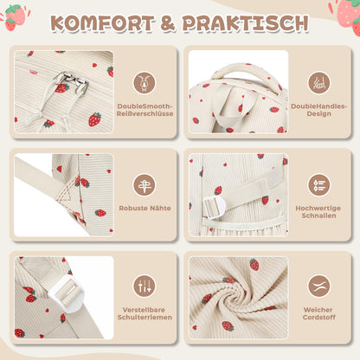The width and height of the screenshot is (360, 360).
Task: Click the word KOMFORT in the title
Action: tap(103, 23)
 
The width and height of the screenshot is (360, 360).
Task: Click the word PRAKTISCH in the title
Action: tap(246, 23)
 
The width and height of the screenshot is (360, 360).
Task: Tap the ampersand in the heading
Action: tap(168, 23)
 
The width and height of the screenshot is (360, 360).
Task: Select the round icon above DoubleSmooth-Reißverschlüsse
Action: tap(145, 83)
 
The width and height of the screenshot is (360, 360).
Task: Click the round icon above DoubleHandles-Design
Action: tap(319, 83)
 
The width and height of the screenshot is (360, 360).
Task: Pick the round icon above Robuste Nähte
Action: tap(145, 185)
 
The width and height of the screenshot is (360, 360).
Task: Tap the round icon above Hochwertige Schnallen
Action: tap(319, 185)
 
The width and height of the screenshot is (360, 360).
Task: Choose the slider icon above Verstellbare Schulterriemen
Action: tap(145, 286)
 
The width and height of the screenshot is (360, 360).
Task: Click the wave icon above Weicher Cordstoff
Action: tap(319, 286)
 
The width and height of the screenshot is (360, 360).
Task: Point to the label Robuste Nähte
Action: tap(145, 208)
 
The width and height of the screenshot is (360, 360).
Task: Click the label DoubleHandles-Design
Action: tap(318, 110)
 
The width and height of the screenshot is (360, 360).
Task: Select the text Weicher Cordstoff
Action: tap(318, 313)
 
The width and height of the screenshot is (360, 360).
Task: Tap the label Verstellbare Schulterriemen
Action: tap(145, 313)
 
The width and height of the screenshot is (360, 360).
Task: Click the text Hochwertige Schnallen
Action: tap(318, 212)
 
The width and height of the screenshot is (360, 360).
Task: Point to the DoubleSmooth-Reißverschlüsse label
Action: tap(145, 110)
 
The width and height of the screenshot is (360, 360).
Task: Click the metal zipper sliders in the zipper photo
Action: tap(72, 82)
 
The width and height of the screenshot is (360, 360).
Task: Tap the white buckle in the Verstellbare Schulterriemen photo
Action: tap(66, 293)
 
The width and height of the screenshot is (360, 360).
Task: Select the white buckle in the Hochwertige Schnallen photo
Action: tap(214, 206)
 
